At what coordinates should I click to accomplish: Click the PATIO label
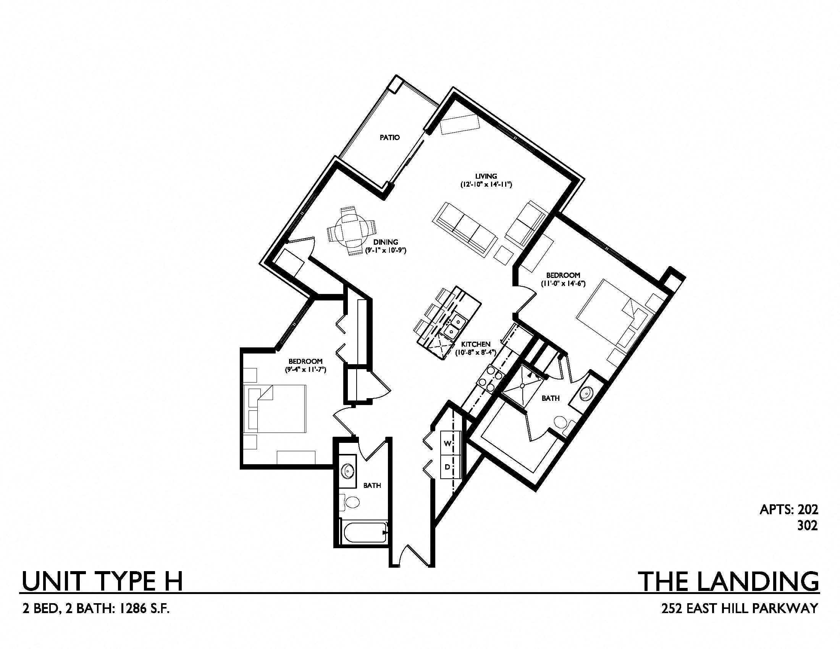click(x=389, y=137)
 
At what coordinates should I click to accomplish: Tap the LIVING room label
click(x=486, y=176)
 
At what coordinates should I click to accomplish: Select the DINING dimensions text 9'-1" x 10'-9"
click(x=386, y=250)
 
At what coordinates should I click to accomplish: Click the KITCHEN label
click(x=476, y=344)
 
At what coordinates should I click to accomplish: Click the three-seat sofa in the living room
click(x=464, y=229)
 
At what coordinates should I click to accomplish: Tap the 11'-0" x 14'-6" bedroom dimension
click(x=563, y=284)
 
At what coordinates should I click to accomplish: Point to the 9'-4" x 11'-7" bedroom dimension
click(x=306, y=370)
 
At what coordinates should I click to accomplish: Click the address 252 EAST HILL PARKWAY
click(x=740, y=609)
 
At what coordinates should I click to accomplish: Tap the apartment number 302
click(x=807, y=526)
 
